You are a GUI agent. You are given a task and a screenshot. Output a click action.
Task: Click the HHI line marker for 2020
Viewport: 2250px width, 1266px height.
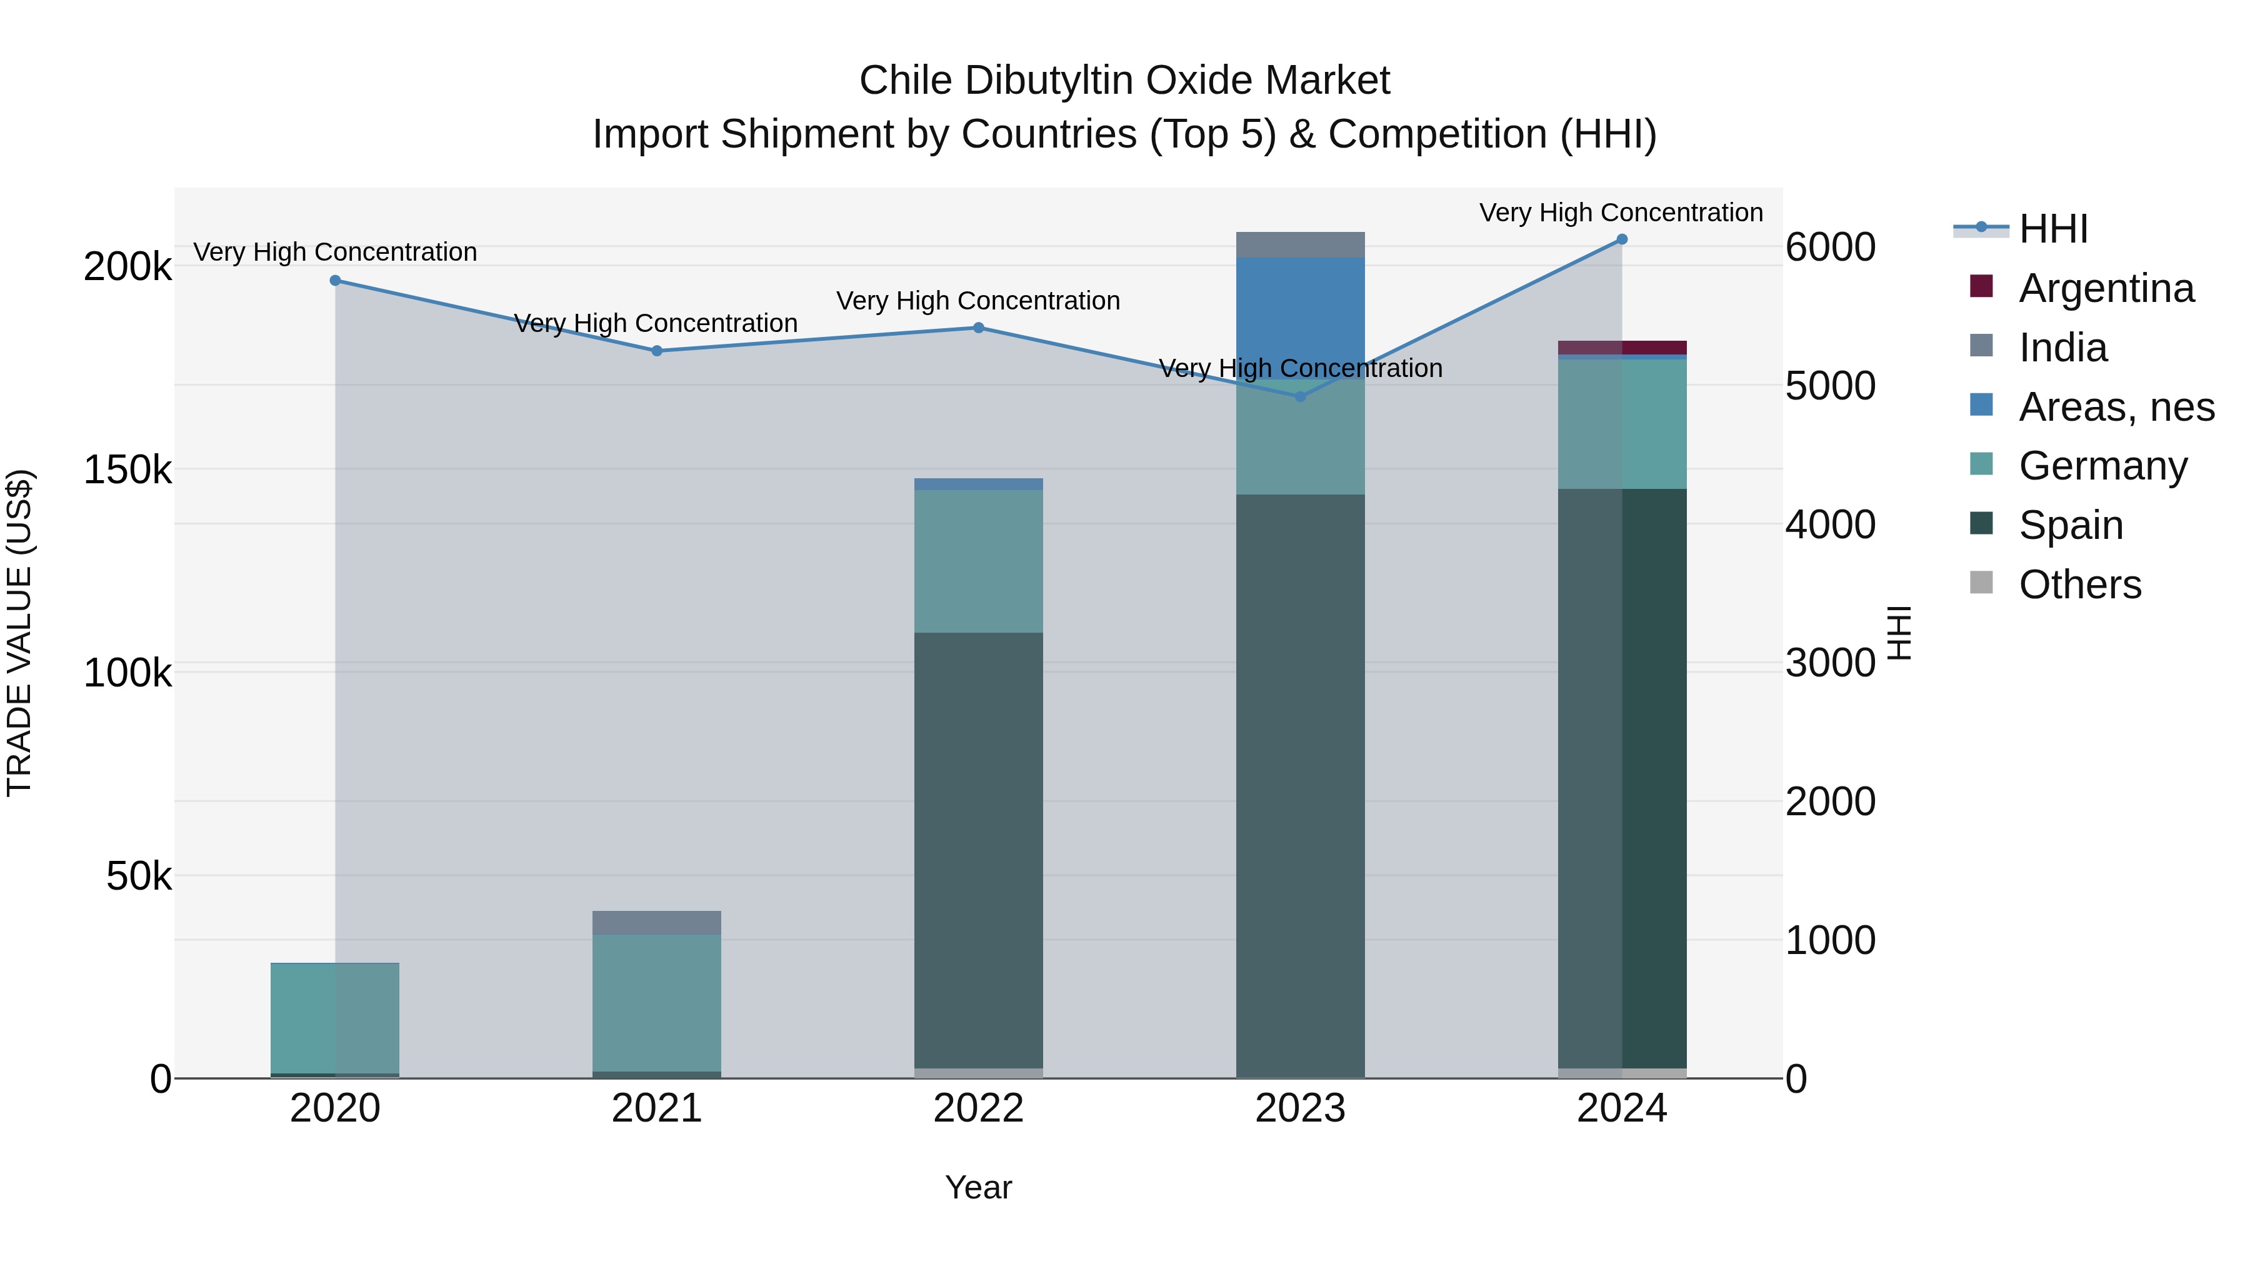tap(336, 281)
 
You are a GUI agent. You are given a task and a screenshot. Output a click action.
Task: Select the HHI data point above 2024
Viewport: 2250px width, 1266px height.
tap(1622, 239)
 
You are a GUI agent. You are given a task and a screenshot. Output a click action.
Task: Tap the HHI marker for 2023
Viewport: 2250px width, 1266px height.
tap(1300, 396)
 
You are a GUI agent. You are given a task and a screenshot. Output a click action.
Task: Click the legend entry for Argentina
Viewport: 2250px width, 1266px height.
tap(2105, 288)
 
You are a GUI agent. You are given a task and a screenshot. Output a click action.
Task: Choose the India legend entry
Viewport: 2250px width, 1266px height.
tap(2062, 348)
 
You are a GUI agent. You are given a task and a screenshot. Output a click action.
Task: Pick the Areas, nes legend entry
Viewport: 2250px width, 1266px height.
tap(2116, 407)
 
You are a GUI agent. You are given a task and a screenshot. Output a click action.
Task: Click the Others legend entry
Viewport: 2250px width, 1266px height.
tap(2079, 585)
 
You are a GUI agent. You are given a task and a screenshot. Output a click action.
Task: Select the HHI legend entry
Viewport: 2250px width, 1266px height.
tap(2052, 229)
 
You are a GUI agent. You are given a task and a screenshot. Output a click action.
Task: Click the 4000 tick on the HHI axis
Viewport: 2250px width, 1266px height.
tap(1830, 525)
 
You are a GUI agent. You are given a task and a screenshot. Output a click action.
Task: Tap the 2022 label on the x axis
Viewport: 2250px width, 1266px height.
tap(978, 1108)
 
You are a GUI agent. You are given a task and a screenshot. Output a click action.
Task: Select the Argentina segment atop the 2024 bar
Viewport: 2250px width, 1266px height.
tap(1622, 348)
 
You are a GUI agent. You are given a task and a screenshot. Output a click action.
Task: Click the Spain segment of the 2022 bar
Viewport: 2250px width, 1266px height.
tap(978, 848)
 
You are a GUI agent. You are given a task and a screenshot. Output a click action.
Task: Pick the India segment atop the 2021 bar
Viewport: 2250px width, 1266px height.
tap(657, 923)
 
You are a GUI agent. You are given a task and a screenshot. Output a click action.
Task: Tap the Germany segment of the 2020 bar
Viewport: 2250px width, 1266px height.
tap(336, 1018)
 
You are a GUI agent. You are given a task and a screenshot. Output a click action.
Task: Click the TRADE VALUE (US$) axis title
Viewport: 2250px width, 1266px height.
tap(19, 633)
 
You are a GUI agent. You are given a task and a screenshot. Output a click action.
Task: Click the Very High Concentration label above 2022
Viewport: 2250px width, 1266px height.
tap(978, 301)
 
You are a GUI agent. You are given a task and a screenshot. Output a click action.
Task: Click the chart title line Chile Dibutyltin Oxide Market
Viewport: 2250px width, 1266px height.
tap(1124, 81)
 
